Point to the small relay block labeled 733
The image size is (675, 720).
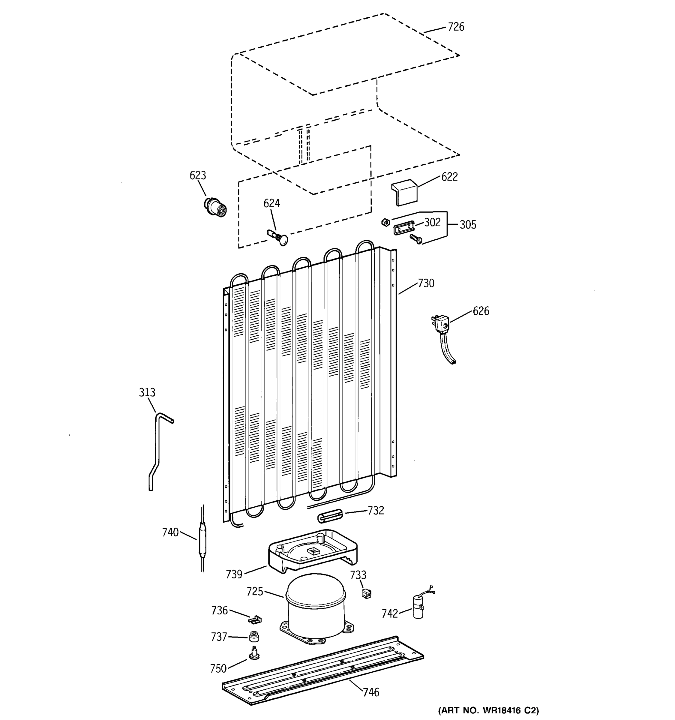[x=366, y=594]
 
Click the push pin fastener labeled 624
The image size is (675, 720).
[x=278, y=236]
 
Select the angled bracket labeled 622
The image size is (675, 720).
[x=404, y=193]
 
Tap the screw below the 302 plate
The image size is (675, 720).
[x=416, y=239]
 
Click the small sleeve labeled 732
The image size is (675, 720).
[x=330, y=516]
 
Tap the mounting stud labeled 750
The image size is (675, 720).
[x=254, y=654]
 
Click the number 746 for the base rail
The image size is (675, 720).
[x=371, y=692]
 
